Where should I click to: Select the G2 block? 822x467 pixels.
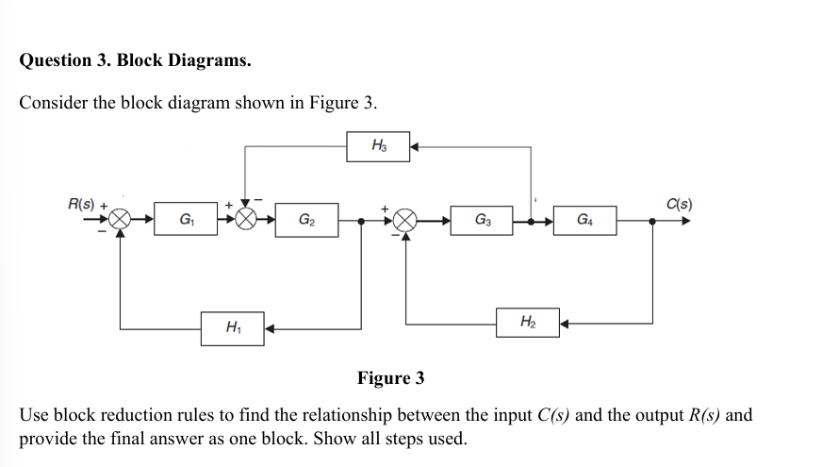coord(306,221)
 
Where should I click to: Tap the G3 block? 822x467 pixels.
coord(481,221)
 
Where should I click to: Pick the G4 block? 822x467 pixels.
coord(584,221)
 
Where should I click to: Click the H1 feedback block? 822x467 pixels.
coord(232,328)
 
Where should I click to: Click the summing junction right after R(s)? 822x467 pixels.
coord(120,221)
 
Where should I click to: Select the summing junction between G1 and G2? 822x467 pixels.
coord(246,221)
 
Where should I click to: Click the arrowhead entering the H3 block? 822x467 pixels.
coord(414,146)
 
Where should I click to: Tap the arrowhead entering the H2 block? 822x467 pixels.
coord(565,325)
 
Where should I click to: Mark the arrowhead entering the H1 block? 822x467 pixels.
coord(268,328)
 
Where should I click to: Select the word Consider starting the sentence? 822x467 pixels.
coord(54,103)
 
